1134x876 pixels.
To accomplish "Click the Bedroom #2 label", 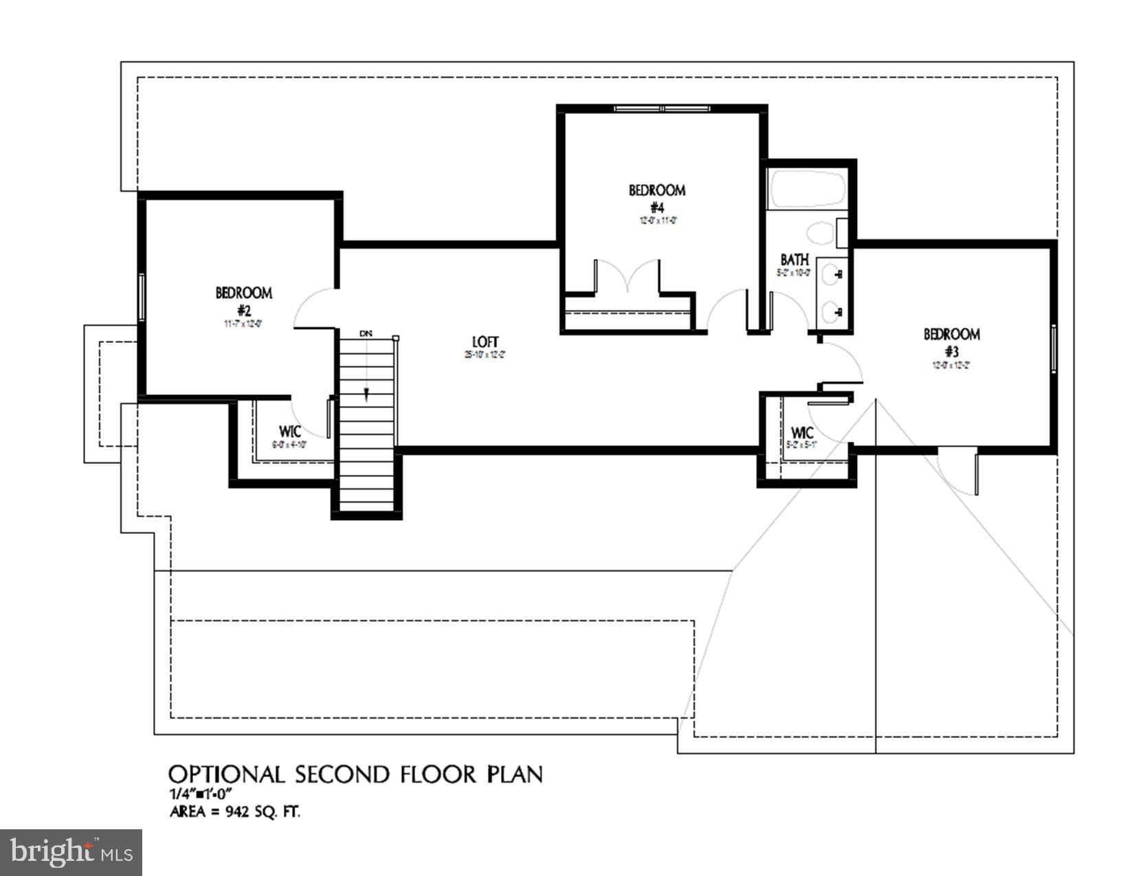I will coord(243,301).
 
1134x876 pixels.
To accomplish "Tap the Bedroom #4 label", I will coord(656,198).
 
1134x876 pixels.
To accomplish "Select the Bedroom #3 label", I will coord(951,342).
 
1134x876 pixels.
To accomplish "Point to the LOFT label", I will coord(485,342).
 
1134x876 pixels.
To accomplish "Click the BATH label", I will coord(794,260).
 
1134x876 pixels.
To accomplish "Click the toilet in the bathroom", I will coord(819,234).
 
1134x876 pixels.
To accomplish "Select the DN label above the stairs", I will coord(366,333).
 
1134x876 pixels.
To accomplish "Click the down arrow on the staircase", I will coord(366,393).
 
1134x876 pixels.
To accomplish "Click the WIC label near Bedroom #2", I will coord(289,431).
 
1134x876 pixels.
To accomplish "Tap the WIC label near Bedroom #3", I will coord(802,433).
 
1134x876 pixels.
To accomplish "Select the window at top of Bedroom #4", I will coord(662,109).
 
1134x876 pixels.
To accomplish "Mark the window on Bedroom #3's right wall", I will coord(1053,349).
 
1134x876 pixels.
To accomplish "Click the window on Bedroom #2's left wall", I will coord(142,296).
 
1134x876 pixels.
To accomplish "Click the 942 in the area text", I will coord(239,812).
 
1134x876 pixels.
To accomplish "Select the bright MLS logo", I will coord(71,853).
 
